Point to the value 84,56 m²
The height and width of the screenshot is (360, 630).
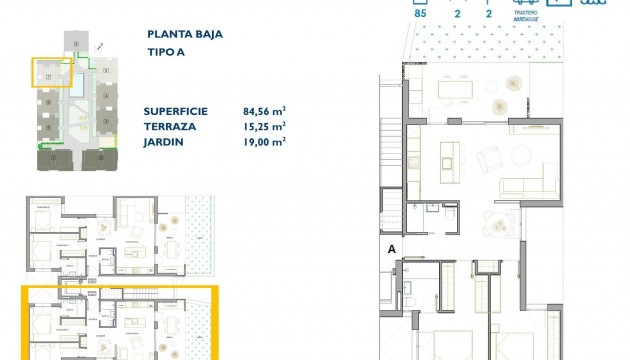264,111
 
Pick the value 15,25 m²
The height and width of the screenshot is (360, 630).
264,127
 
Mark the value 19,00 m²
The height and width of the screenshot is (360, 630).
264,142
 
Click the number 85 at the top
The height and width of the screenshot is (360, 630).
419,14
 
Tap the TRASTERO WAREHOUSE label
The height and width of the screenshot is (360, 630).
530,15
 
